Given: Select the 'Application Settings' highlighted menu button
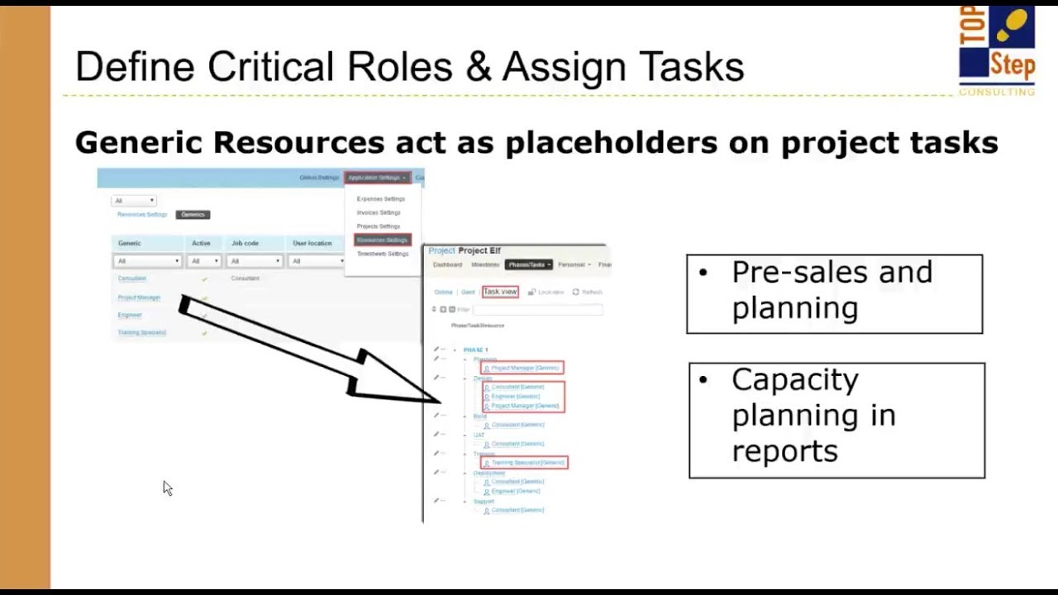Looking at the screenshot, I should [x=377, y=178].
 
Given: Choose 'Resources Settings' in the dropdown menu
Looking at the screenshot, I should [x=382, y=240].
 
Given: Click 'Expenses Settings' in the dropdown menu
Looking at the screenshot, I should [x=380, y=199].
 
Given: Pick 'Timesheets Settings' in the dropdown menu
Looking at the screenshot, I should [x=382, y=254].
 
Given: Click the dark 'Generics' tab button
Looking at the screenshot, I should [x=193, y=215].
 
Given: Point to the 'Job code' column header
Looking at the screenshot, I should [x=245, y=244].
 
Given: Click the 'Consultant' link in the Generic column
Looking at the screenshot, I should [x=131, y=278].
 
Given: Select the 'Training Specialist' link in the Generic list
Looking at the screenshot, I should [x=141, y=332].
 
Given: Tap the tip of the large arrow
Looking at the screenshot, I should [x=438, y=402].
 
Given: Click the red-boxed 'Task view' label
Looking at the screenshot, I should [x=500, y=292].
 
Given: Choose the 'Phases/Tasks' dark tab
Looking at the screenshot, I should [x=527, y=264].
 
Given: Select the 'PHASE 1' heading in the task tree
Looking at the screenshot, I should [x=475, y=350].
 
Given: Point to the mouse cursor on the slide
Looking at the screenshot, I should [x=167, y=488].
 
